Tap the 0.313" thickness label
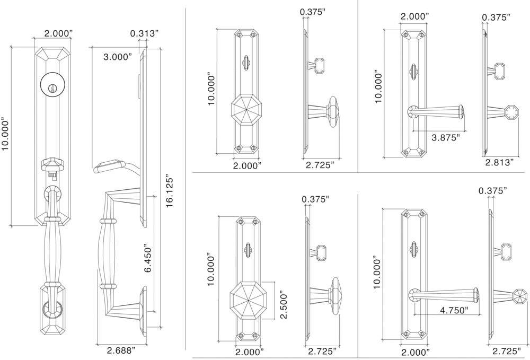(x=144, y=34)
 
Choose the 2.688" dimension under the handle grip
(x=121, y=350)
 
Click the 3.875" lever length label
(x=445, y=137)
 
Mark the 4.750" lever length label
(x=454, y=311)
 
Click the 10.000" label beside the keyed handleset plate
(x=6, y=134)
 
